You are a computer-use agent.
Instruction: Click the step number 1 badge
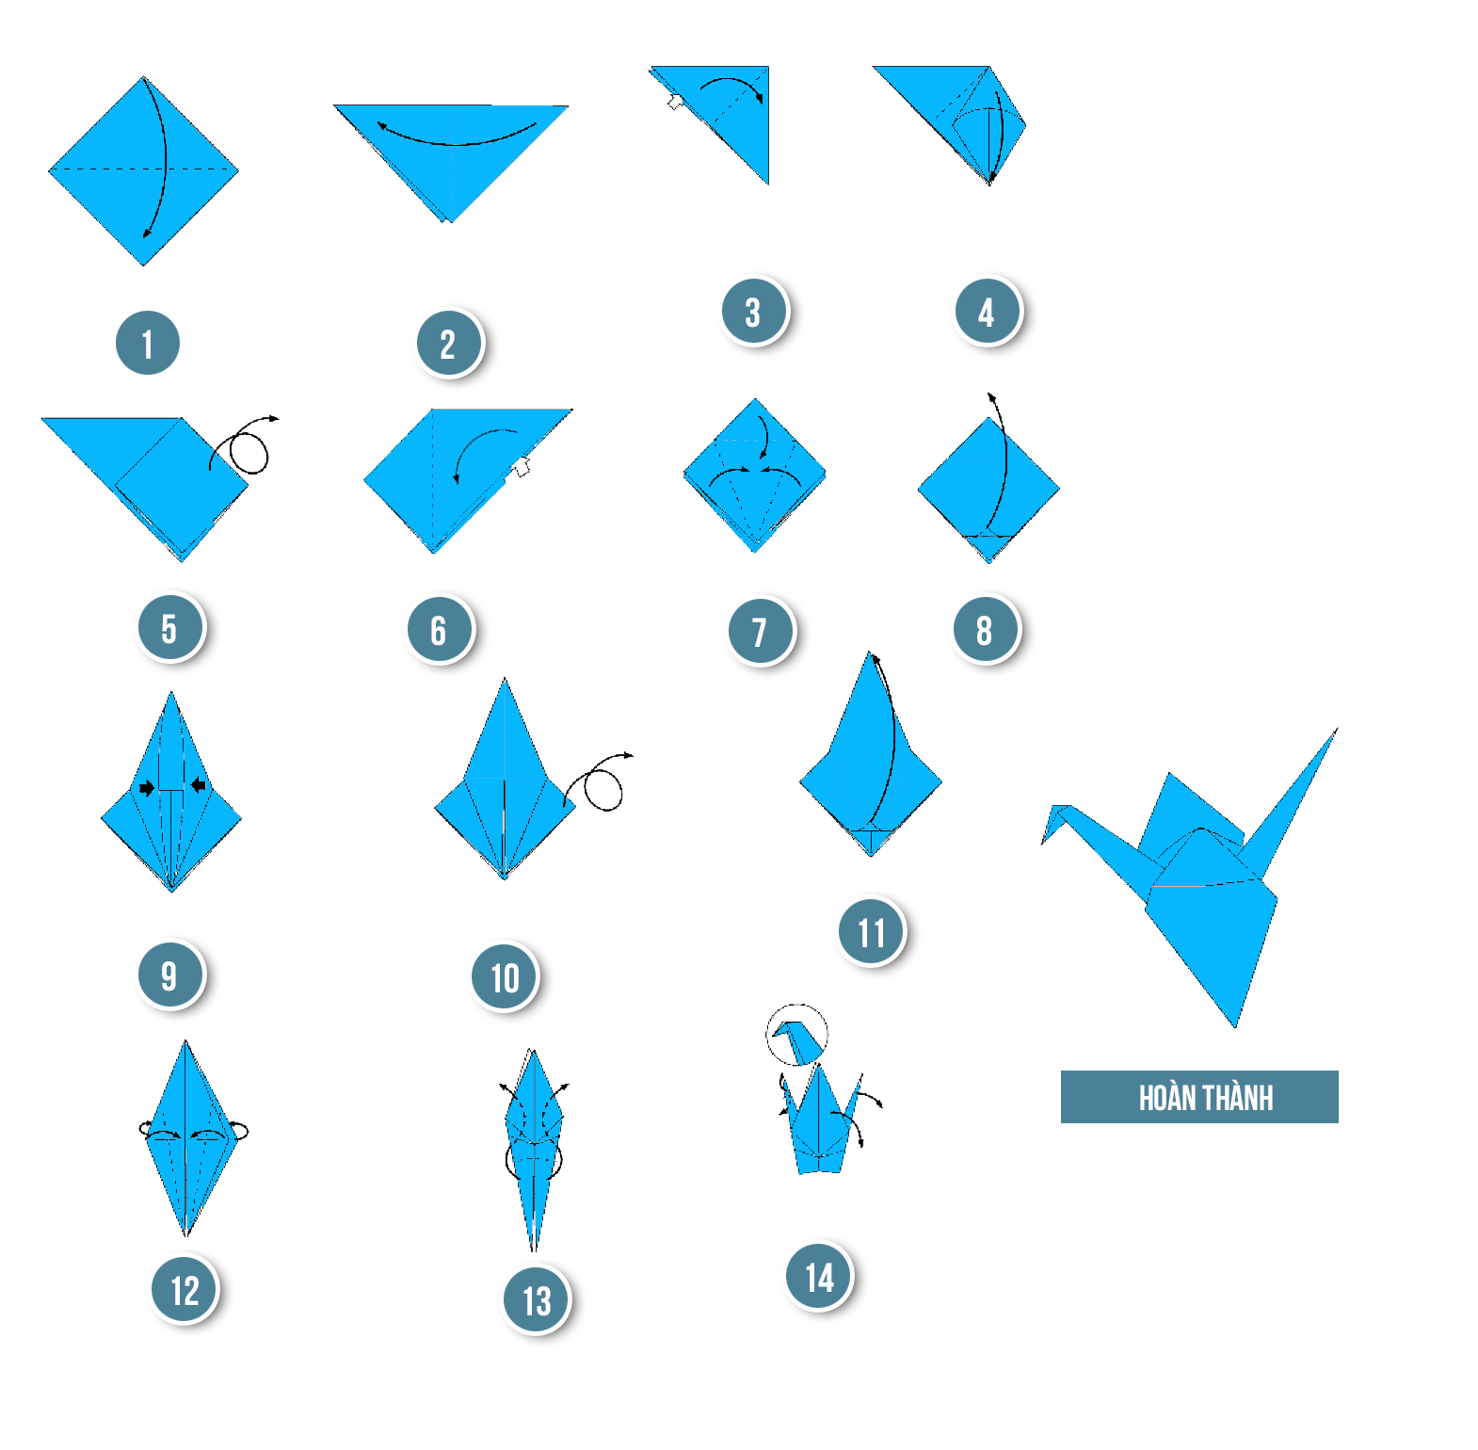click(x=148, y=343)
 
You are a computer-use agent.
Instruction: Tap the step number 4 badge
click(x=988, y=311)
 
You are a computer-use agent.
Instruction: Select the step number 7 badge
click(x=761, y=631)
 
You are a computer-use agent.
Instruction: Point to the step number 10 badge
click(x=505, y=977)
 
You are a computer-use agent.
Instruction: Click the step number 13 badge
click(x=537, y=1300)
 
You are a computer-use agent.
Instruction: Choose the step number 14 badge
click(x=819, y=1277)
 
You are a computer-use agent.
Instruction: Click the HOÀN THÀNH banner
click(x=1199, y=1097)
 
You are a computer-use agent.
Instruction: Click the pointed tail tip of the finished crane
click(x=1337, y=729)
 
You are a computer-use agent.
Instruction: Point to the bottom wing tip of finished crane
click(x=1235, y=1026)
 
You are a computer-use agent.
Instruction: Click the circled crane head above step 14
click(x=796, y=1036)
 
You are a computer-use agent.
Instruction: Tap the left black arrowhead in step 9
click(x=147, y=787)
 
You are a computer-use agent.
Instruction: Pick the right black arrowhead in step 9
click(x=198, y=785)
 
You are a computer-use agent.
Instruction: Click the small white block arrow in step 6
click(x=521, y=465)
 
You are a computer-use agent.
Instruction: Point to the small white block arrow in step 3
click(x=675, y=101)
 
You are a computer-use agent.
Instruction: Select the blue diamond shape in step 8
click(x=988, y=490)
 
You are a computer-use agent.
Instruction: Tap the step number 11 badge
click(x=872, y=932)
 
